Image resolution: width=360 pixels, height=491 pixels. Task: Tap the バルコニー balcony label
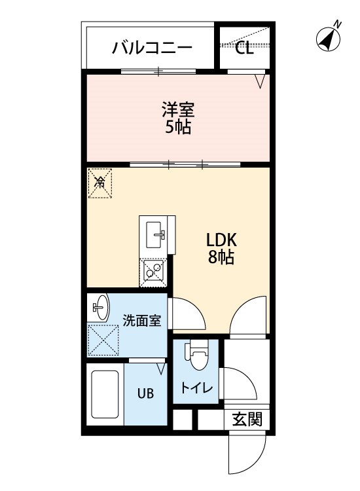click(x=152, y=48)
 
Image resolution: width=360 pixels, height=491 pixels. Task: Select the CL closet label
click(x=245, y=48)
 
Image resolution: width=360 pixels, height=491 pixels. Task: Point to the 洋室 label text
click(x=178, y=109)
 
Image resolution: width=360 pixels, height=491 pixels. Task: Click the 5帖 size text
click(x=178, y=127)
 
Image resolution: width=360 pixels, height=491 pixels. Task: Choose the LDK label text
click(x=221, y=240)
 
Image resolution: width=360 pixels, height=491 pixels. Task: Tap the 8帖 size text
click(x=221, y=257)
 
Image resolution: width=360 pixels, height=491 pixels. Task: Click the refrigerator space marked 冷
click(x=100, y=183)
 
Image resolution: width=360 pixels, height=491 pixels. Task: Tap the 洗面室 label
click(x=142, y=320)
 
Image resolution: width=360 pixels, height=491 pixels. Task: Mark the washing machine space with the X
click(x=103, y=340)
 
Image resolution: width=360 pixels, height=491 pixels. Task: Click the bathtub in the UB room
click(x=105, y=395)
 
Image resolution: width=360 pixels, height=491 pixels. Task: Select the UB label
click(x=145, y=393)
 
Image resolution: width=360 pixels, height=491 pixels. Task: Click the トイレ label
click(x=196, y=388)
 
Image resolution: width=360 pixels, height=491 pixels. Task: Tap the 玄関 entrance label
click(x=247, y=419)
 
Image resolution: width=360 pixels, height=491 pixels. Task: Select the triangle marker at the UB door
click(x=161, y=369)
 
